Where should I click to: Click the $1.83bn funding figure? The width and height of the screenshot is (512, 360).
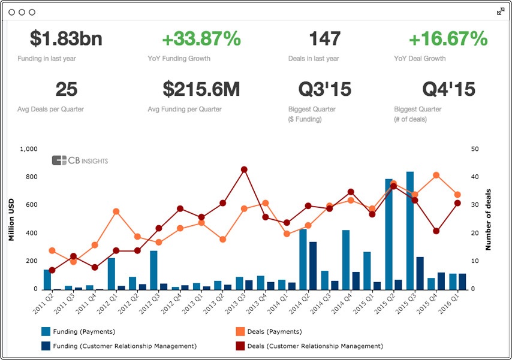[x=66, y=40]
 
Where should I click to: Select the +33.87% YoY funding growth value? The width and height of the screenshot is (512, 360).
[x=201, y=40]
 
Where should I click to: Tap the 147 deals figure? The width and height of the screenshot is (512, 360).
[x=324, y=40]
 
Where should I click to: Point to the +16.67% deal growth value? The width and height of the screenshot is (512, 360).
[x=448, y=40]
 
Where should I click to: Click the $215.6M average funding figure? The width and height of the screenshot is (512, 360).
[x=201, y=90]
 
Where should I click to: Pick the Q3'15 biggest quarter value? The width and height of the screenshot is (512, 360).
[x=324, y=90]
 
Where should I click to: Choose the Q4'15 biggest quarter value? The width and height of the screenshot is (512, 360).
[x=448, y=90]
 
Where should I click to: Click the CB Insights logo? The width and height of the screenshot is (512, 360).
[x=80, y=160]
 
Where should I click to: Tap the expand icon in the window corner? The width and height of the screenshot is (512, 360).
[x=501, y=11]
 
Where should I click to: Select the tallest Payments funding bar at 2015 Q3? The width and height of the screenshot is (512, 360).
[x=410, y=231]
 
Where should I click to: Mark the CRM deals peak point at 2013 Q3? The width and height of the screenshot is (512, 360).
[x=244, y=170]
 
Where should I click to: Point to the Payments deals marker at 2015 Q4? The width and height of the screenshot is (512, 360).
[x=436, y=175]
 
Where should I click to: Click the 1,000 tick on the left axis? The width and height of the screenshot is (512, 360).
[x=28, y=149]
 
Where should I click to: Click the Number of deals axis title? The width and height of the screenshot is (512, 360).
[x=488, y=219]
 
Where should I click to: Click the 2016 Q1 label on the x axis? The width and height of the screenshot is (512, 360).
[x=457, y=303]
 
